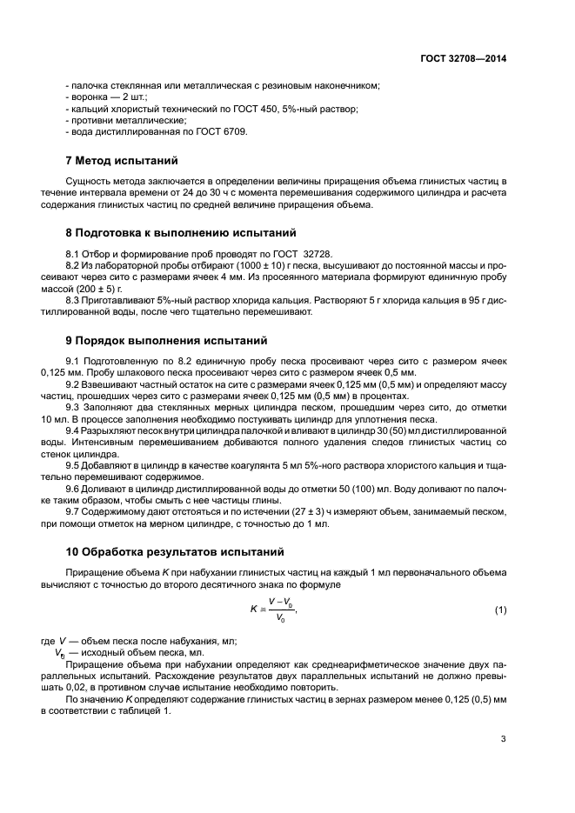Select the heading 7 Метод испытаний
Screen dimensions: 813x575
point(122,161)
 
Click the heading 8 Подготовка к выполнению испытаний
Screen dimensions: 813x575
point(181,233)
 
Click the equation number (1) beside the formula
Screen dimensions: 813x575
point(500,610)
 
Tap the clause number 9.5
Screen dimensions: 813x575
point(74,465)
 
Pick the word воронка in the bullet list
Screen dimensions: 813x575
point(90,97)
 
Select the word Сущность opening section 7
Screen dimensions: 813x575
point(90,181)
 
